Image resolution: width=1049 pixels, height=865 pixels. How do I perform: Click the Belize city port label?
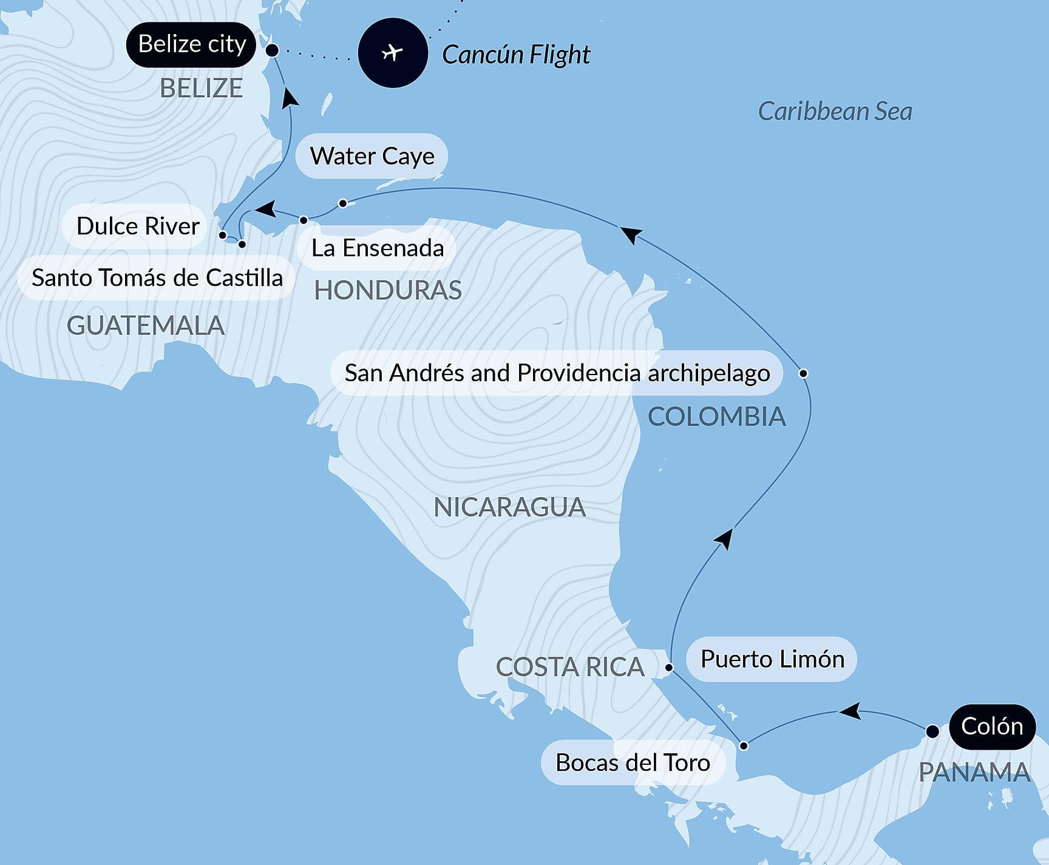coord(191,44)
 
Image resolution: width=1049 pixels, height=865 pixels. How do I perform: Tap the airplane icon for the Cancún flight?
coord(393,53)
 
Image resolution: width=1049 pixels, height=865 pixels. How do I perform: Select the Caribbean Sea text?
coord(835,111)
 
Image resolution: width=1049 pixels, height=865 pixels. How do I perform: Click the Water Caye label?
coord(372,156)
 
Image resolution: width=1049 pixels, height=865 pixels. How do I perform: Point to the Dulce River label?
coord(137,226)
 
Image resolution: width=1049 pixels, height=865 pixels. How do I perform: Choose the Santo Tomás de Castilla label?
coord(157,277)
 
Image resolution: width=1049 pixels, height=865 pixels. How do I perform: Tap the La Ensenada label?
coord(377,248)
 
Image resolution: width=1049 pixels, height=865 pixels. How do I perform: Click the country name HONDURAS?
coord(388,291)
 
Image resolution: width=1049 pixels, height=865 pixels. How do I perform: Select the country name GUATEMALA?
coord(146,326)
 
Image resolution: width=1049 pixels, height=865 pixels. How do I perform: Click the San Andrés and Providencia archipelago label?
coord(557,373)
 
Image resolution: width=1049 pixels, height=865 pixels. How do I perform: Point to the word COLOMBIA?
coord(716,417)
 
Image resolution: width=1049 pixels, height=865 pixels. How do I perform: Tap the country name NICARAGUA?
coord(509,507)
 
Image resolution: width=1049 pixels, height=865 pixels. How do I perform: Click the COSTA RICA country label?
coord(569,667)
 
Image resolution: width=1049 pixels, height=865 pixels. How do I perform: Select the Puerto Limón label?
coord(772,659)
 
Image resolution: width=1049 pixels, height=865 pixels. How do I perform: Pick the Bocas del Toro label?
coord(633,762)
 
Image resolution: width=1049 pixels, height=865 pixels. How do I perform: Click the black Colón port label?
coord(992,727)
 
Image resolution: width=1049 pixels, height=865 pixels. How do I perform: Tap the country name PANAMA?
coord(974,773)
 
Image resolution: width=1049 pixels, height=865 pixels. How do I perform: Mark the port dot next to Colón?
coord(932,731)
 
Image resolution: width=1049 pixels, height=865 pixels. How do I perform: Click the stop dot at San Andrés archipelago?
coord(803,373)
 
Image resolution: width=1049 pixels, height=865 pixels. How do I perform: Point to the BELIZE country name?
coord(201,89)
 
